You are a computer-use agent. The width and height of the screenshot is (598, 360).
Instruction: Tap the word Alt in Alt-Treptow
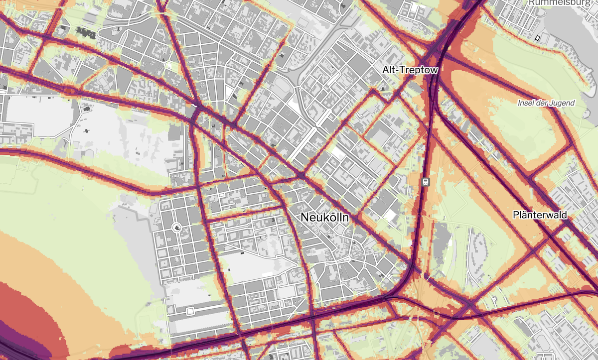pyautogui.click(x=390, y=71)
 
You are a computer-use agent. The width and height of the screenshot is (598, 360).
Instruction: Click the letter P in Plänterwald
pyautogui.click(x=516, y=215)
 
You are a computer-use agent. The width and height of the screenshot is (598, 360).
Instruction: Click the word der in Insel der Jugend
pyautogui.click(x=542, y=103)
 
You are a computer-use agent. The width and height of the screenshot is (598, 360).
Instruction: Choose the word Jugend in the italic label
pyautogui.click(x=562, y=103)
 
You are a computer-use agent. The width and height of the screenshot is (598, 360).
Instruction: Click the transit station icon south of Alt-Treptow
pyautogui.click(x=425, y=181)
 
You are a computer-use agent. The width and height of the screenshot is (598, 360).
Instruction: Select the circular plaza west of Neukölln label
pyautogui.click(x=176, y=228)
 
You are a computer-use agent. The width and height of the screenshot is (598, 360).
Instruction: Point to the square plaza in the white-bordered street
pyautogui.click(x=190, y=312)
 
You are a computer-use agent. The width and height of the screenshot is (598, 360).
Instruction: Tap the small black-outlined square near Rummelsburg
pyautogui.click(x=537, y=38)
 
